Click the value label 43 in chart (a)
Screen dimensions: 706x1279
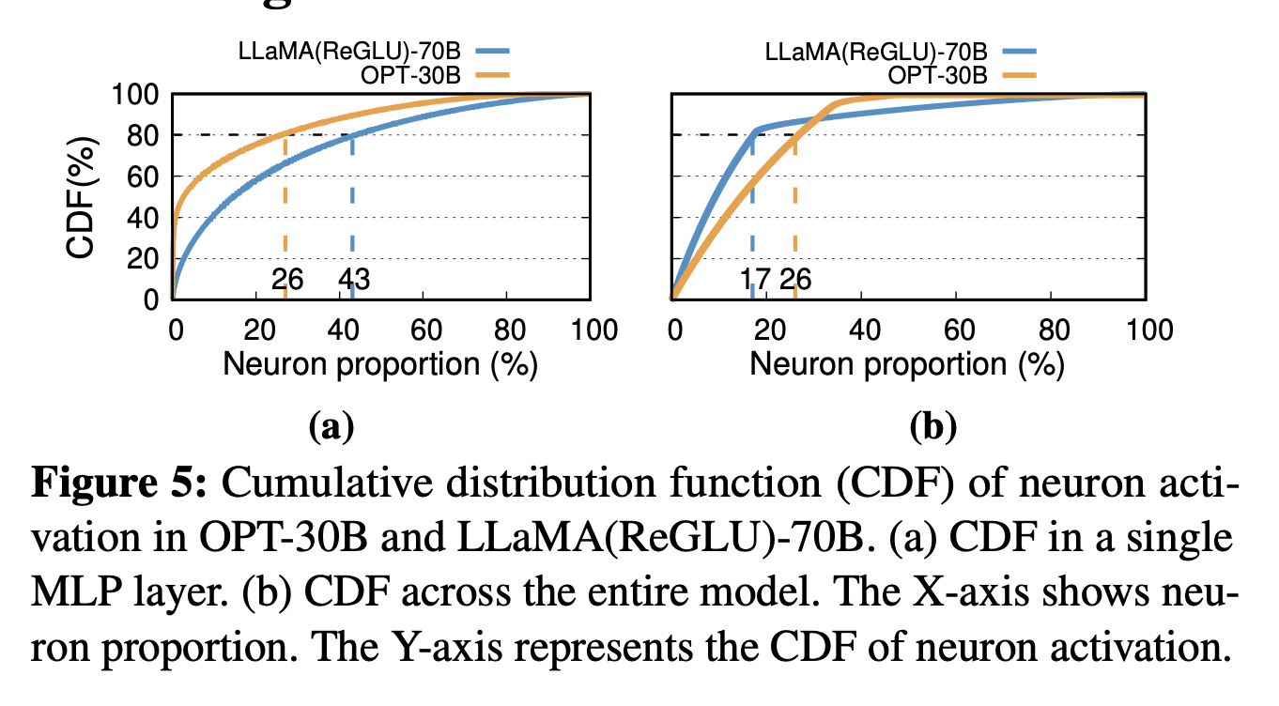[354, 279]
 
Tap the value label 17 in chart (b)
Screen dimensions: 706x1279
[755, 279]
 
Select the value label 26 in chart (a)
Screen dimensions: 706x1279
[286, 279]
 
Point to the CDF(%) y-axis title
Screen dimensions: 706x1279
[83, 196]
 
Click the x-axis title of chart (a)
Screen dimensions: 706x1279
[379, 364]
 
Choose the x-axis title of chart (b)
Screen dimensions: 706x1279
[907, 364]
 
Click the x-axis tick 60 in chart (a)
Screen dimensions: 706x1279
[424, 330]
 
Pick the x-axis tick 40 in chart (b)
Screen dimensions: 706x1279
[862, 330]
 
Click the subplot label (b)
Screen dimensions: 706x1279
[932, 427]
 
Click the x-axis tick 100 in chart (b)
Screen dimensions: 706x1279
[1145, 330]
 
